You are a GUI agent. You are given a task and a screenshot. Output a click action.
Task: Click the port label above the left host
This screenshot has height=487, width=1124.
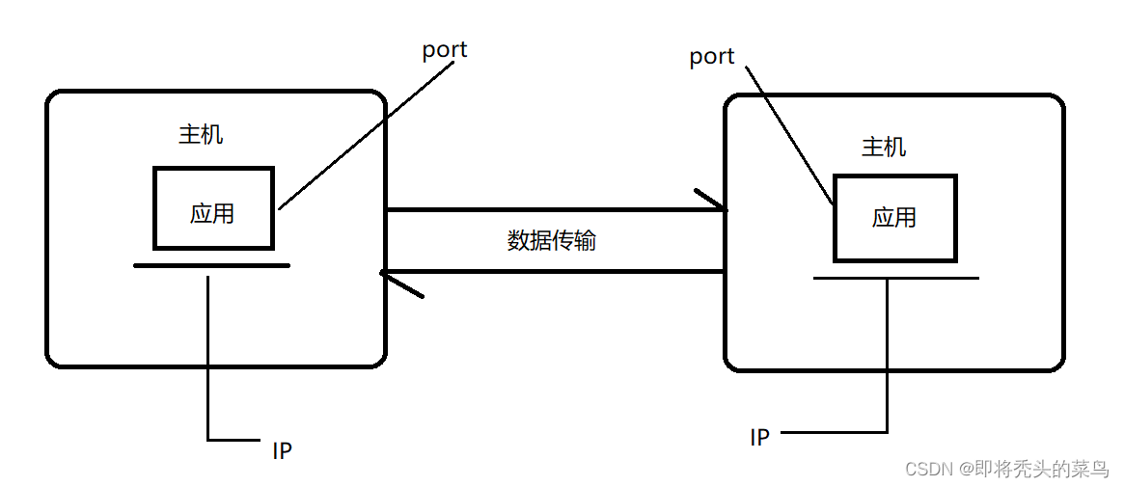click(444, 51)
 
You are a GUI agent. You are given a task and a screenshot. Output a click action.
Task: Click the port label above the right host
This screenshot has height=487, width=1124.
click(711, 58)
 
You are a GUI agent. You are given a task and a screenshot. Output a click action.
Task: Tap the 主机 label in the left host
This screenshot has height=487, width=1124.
click(201, 135)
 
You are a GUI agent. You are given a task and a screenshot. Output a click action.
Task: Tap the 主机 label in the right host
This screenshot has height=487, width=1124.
click(884, 148)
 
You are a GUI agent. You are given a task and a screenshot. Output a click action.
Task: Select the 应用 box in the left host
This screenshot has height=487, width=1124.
click(213, 208)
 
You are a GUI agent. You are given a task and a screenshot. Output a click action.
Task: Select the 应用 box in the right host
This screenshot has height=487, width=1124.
click(894, 218)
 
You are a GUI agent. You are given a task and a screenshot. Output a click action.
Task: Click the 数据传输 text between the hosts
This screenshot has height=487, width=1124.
click(552, 241)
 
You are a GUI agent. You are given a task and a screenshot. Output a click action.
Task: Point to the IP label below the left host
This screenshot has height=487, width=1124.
click(282, 450)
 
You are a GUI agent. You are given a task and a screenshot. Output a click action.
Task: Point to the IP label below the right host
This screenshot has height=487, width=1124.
click(760, 438)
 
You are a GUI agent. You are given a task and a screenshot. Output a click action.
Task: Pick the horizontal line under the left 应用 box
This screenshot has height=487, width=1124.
click(211, 265)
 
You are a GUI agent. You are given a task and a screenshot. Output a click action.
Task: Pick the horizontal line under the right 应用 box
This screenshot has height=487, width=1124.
click(895, 278)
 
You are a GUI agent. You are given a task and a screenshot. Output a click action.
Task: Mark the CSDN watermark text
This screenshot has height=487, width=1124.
click(928, 470)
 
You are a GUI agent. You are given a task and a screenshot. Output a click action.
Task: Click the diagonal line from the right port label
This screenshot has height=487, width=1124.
click(789, 136)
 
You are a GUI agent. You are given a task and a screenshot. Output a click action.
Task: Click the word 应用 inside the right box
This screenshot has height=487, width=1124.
click(894, 218)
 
